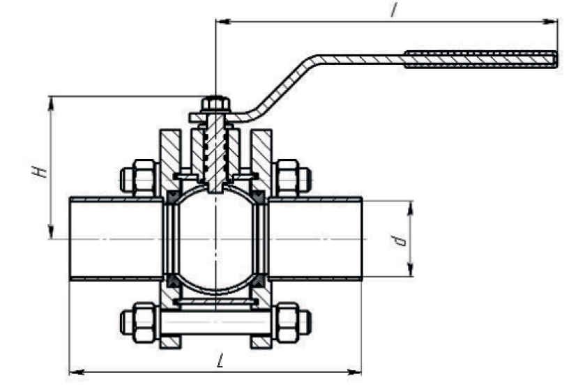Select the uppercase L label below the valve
coord(221,360)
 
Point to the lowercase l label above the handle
coord(393,9)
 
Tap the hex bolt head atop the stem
coord(215,104)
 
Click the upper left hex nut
coord(144,178)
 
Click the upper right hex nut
coord(287,178)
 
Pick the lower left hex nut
coord(144,323)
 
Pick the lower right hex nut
coord(287,323)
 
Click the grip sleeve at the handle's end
coord(481,60)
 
